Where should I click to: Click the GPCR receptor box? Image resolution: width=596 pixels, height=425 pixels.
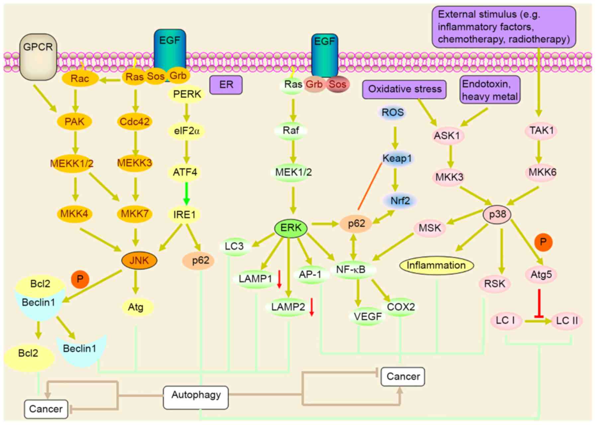point(38,57)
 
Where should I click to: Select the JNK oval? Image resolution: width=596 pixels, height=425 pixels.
point(139,261)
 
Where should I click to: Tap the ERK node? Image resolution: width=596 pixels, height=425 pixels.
point(291,228)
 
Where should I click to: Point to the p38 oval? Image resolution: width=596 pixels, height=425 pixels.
point(497,214)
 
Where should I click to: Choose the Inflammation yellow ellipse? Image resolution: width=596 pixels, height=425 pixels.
point(436,265)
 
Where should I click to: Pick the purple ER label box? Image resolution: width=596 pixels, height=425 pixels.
point(226,85)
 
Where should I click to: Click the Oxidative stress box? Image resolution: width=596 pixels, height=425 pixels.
point(404,89)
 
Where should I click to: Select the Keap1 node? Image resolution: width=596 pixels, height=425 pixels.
point(396,158)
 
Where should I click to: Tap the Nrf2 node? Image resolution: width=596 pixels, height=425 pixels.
point(400,201)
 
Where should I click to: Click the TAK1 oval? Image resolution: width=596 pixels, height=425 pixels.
point(541,130)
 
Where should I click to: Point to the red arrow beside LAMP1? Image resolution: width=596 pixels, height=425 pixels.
point(280,279)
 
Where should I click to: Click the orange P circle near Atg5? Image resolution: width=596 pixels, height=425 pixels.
point(543,242)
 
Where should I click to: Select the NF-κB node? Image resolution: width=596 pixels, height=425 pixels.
point(351,270)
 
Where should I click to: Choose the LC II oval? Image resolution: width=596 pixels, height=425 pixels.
point(567,321)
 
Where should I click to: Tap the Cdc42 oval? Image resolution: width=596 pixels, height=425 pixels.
point(134,122)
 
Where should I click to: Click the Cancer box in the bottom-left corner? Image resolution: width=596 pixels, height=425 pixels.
point(46,409)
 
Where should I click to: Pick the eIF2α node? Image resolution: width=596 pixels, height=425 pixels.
point(187,131)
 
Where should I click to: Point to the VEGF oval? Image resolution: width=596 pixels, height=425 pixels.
point(367,317)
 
